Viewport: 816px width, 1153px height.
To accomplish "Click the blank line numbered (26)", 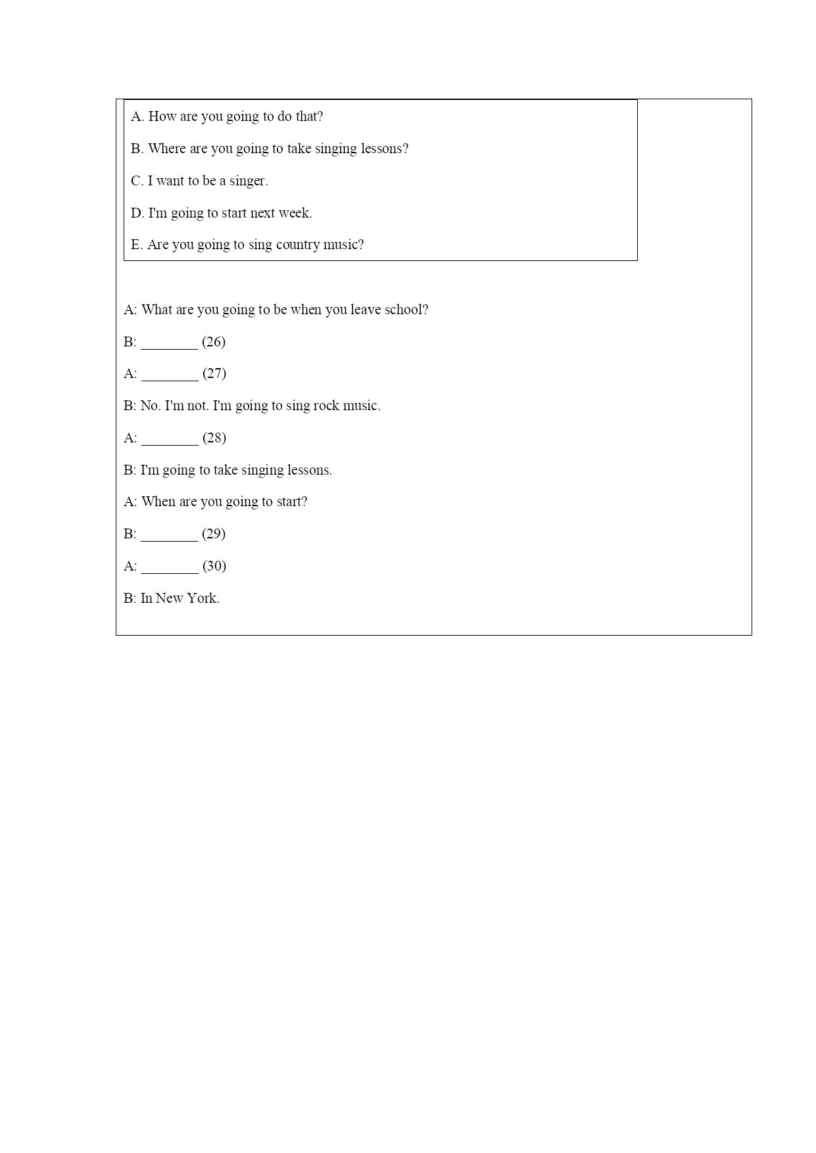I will (x=169, y=346).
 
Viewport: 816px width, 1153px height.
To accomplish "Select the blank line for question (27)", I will (x=170, y=378).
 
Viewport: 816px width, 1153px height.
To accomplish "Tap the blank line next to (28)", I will (x=170, y=442).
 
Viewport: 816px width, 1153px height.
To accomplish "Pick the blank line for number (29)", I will (x=169, y=538).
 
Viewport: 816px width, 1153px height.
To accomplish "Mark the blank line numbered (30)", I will (x=170, y=571).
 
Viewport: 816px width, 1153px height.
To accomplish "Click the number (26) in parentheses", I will (x=214, y=342).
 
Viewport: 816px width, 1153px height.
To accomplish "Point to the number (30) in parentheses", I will (x=214, y=566).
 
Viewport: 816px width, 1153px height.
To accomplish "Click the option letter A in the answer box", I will (x=137, y=116).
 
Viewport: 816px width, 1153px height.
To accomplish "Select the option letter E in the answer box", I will (x=136, y=245).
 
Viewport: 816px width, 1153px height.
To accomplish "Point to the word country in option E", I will (x=297, y=245).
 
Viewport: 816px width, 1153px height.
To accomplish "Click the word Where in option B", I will (x=167, y=149).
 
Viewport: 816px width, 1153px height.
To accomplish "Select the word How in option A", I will (x=162, y=116).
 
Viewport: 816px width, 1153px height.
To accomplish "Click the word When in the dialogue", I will (x=158, y=502).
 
